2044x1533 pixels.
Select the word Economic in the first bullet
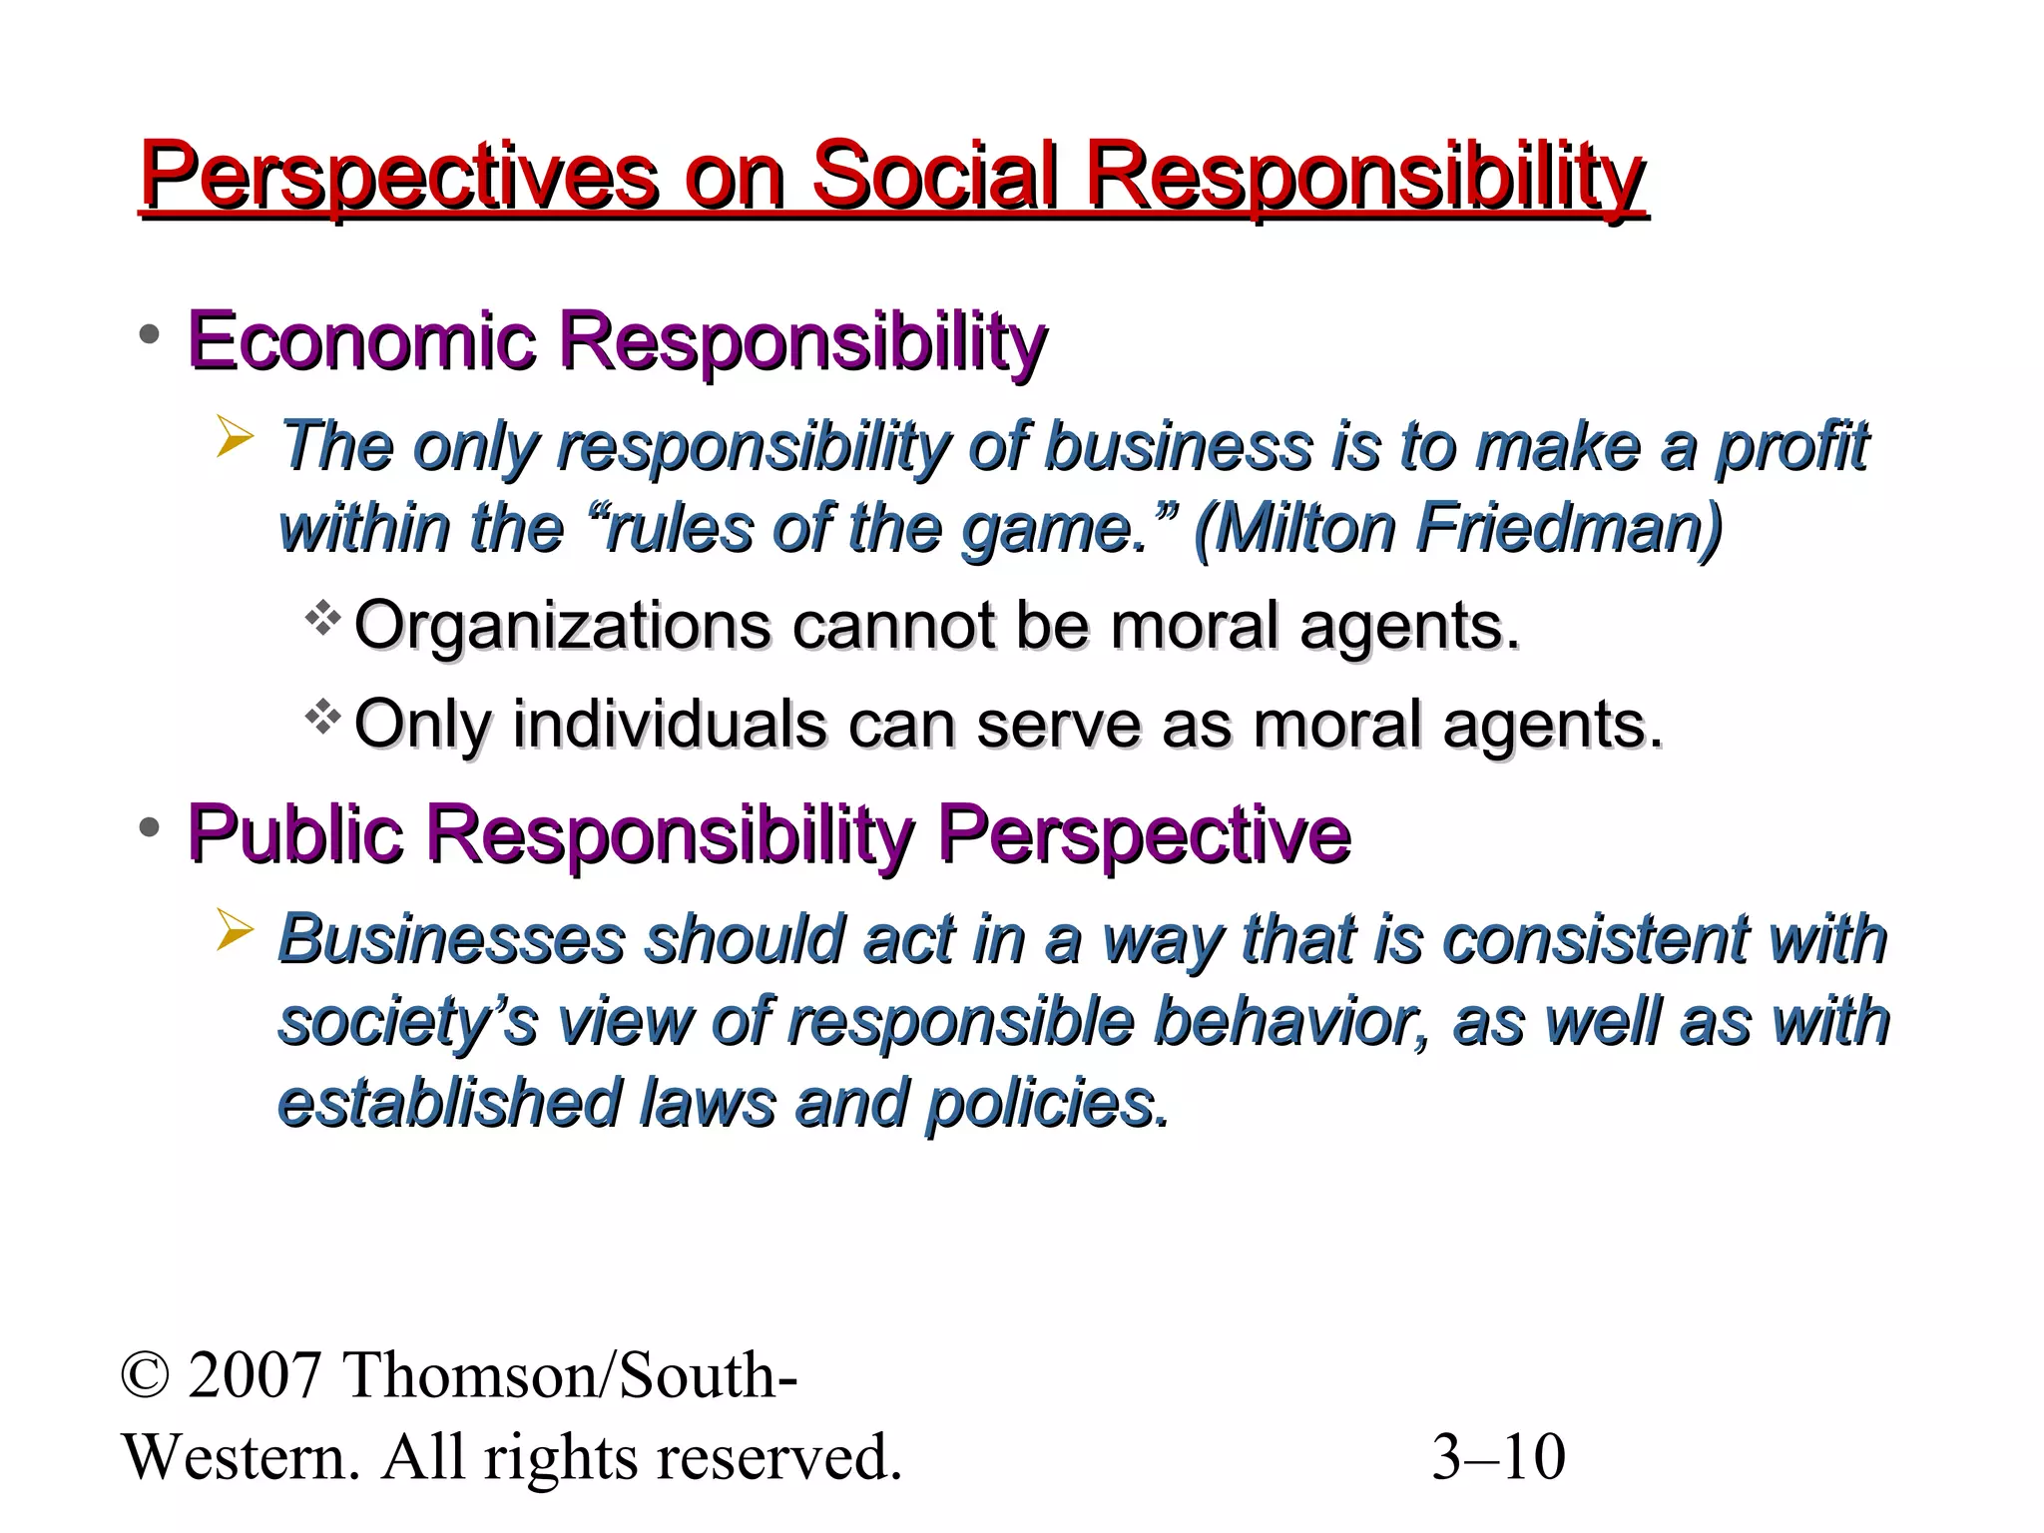361,340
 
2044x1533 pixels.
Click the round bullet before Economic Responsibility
150,335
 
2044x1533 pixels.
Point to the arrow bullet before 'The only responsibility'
236,439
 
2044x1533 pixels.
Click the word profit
1791,446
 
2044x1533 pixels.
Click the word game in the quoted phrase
1044,529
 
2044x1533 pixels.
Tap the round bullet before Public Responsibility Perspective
150,827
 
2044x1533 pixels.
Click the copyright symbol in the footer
145,1376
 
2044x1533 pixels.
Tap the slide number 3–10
1498,1458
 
